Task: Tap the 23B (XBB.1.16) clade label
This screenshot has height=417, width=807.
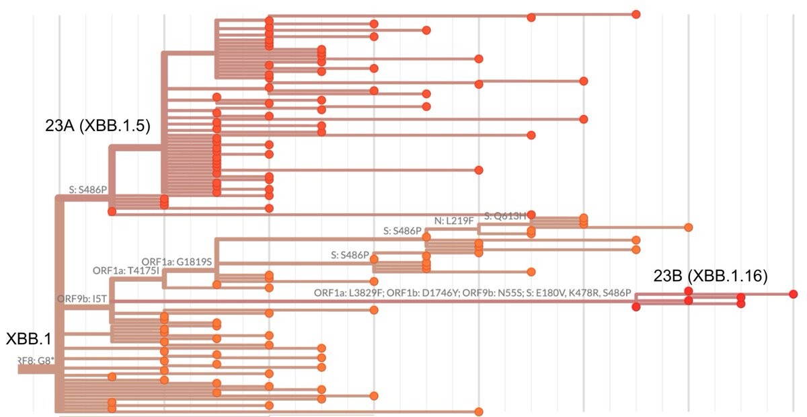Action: click(711, 276)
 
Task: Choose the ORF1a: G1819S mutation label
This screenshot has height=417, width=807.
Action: click(177, 262)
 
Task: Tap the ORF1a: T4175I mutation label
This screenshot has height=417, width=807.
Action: click(127, 270)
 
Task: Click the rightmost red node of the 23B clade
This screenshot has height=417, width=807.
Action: click(794, 294)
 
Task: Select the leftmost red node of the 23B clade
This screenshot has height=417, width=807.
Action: click(636, 307)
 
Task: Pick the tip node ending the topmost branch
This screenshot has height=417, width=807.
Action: click(636, 14)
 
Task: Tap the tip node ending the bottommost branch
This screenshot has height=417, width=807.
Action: click(479, 412)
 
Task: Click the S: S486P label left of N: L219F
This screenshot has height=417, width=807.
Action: click(403, 231)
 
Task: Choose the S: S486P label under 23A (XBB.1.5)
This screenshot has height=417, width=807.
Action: click(88, 190)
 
